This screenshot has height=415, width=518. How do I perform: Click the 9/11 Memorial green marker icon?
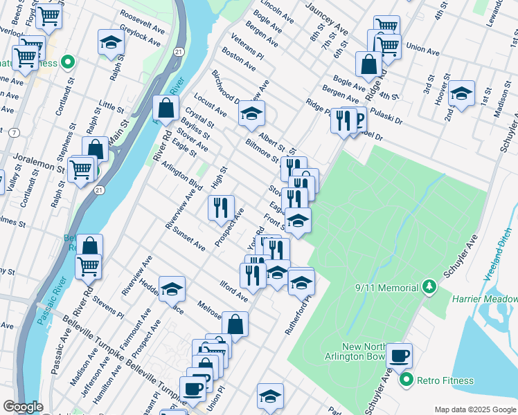[429, 286]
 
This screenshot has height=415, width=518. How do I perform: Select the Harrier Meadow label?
[485, 299]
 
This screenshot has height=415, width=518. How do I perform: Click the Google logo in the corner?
[23, 406]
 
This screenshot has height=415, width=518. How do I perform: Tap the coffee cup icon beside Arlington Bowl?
[398, 356]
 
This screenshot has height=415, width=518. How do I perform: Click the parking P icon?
[357, 120]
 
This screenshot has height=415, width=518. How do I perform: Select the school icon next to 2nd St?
[461, 93]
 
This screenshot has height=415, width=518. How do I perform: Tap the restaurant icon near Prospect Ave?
[221, 207]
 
